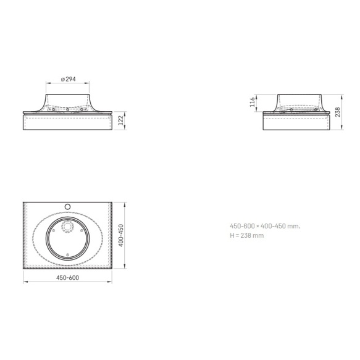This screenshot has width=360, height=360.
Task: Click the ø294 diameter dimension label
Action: (x=68, y=79)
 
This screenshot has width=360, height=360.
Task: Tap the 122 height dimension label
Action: (x=120, y=120)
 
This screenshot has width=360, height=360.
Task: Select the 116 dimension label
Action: (x=253, y=102)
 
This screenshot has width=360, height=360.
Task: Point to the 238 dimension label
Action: (x=338, y=112)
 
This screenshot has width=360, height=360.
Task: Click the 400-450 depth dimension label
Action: (x=121, y=235)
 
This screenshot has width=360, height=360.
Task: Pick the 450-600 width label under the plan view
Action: (x=67, y=278)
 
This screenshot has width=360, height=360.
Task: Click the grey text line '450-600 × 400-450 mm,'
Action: (x=265, y=226)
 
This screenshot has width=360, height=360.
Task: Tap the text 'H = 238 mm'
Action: (x=247, y=235)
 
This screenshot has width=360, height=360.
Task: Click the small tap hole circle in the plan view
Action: (x=67, y=207)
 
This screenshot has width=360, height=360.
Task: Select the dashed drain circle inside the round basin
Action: (x=67, y=227)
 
